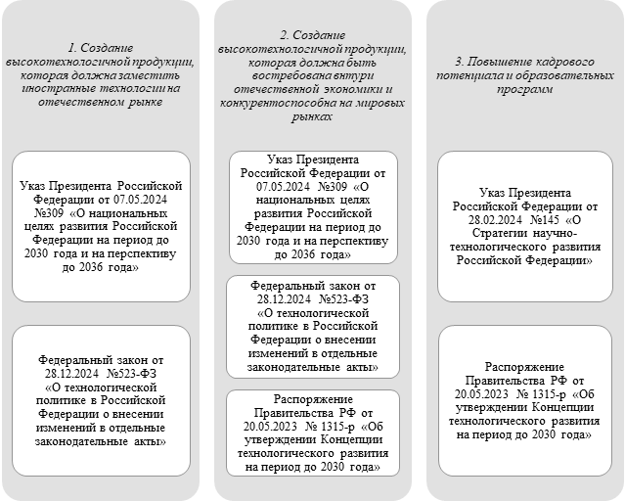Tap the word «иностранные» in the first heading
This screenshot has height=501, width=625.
(52, 86)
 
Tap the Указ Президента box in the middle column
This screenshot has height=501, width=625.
(312, 206)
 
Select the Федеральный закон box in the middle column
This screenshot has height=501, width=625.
(312, 326)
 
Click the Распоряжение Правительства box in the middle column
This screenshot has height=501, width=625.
(312, 433)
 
